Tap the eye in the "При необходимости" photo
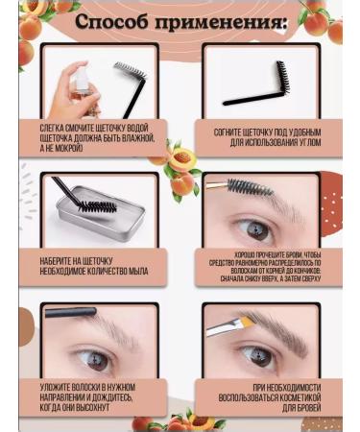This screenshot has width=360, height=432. [259, 354]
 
